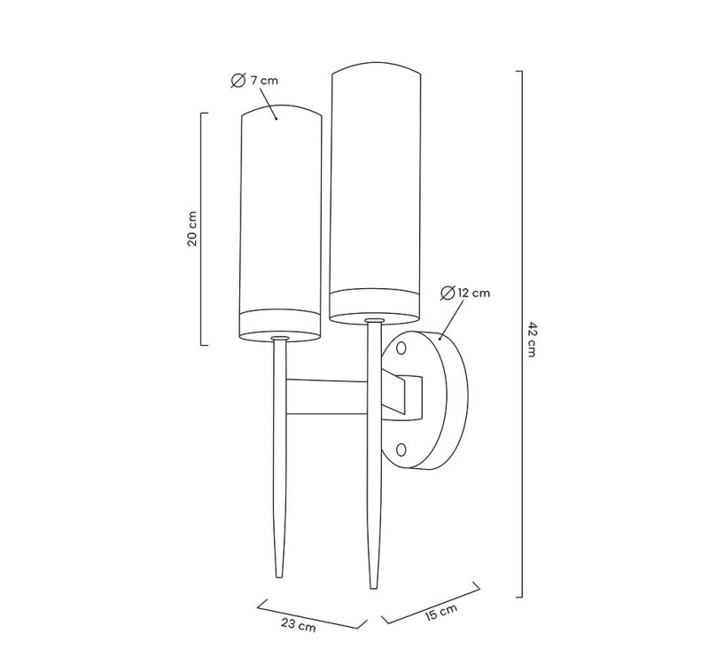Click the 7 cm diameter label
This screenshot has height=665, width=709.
(255, 81)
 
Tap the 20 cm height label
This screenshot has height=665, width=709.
(192, 229)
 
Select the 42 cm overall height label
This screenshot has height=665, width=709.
(534, 336)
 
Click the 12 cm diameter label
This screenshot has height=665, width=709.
(465, 293)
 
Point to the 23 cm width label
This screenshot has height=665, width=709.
(298, 625)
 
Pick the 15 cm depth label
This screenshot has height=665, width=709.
(440, 613)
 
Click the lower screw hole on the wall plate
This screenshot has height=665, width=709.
(403, 450)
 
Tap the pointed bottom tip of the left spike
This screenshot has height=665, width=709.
(281, 575)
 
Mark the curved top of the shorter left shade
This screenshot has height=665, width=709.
(280, 109)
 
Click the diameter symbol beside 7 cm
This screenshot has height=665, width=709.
(238, 81)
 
